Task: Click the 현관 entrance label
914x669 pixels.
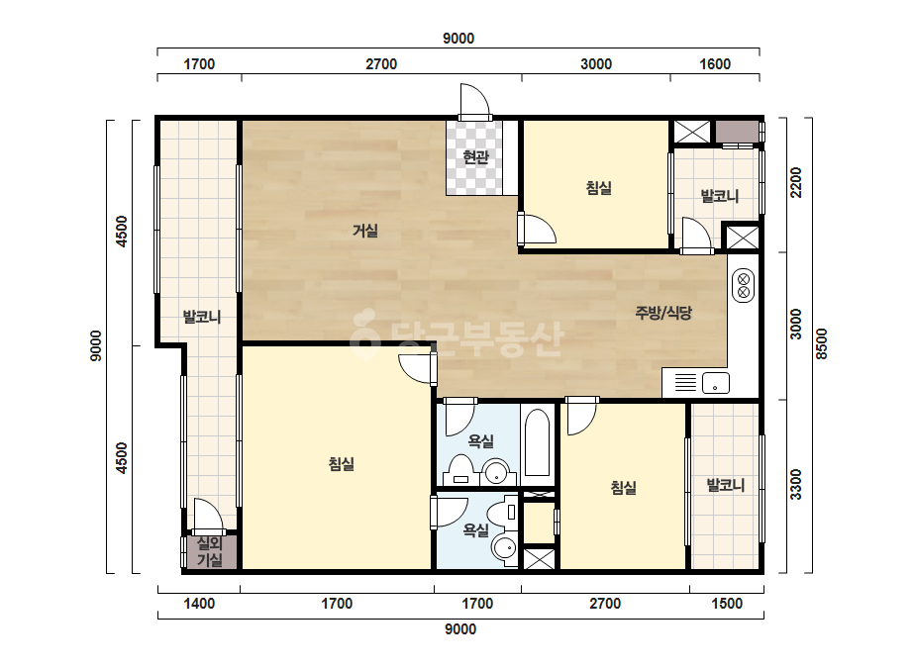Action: pos(475,156)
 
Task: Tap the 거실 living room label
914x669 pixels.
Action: pos(365,231)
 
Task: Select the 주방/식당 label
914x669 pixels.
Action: pos(663,313)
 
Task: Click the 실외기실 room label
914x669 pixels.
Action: pos(209,552)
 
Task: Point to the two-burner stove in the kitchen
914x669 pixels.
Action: pos(744,285)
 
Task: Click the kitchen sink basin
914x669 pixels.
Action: pos(716,383)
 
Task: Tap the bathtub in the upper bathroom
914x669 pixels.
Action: pos(538,443)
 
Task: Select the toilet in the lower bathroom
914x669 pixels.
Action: pos(503,514)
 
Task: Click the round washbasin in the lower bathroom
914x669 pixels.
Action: pos(504,549)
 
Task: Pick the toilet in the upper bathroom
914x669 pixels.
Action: pos(460,470)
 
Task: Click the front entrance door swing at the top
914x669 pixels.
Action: pos(475,102)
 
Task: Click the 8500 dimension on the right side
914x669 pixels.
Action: pos(821,344)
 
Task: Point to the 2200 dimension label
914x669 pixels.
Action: pos(796,182)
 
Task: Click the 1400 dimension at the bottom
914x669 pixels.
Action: pos(199,604)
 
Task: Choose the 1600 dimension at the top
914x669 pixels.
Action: pos(715,64)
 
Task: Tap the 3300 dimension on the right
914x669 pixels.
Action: pos(796,485)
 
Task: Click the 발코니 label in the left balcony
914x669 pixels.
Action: pos(202,317)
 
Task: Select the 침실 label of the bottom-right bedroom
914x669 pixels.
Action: pos(623,487)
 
